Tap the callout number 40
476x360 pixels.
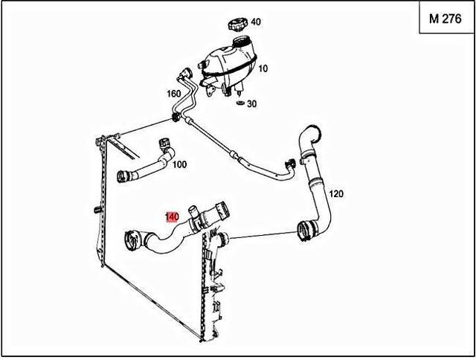(x=256, y=22)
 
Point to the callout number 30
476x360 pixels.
(x=251, y=104)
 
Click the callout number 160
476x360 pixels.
(x=173, y=94)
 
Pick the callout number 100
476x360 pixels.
(x=179, y=164)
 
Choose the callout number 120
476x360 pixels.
(x=336, y=194)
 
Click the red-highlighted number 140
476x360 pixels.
(x=172, y=218)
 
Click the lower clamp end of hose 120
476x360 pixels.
(x=304, y=229)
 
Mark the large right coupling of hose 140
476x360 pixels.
(x=221, y=213)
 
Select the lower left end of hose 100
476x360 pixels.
(x=126, y=177)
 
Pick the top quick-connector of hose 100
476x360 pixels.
(x=164, y=146)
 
